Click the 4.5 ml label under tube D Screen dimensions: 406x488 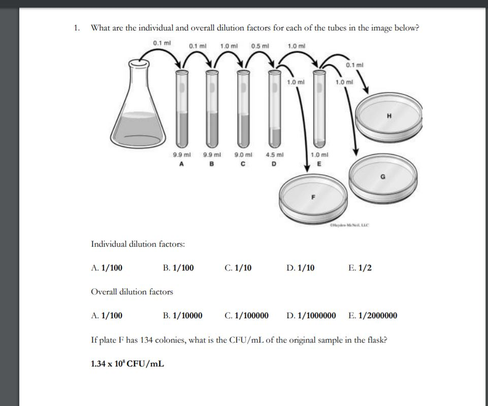(x=274, y=155)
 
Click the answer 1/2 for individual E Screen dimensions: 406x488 (x=365, y=267)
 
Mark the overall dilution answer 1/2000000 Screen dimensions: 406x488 (x=378, y=316)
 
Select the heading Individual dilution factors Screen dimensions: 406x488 (x=138, y=244)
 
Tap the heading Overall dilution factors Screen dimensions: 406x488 (x=132, y=292)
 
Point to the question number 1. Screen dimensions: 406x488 (x=77, y=28)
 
